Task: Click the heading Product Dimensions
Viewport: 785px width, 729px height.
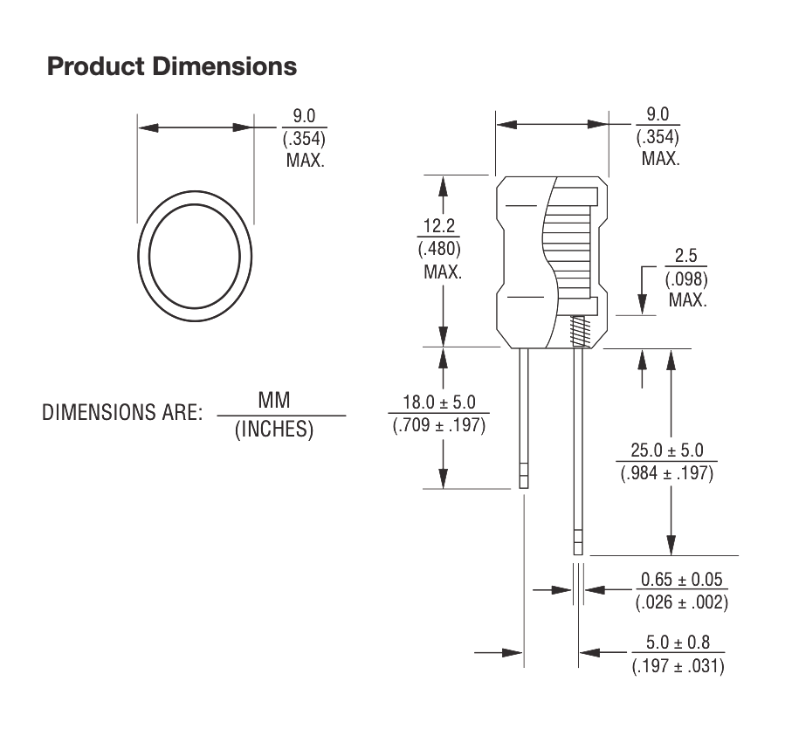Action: [x=172, y=66]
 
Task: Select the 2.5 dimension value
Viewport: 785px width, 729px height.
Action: [x=686, y=258]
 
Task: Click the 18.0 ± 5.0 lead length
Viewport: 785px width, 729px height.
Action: [x=438, y=403]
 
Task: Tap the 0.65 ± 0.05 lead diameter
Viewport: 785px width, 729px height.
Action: [x=684, y=580]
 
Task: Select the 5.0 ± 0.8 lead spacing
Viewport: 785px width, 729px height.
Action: [x=677, y=643]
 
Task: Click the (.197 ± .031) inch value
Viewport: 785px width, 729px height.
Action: [x=677, y=666]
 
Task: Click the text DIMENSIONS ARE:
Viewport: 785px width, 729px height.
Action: [x=122, y=413]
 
